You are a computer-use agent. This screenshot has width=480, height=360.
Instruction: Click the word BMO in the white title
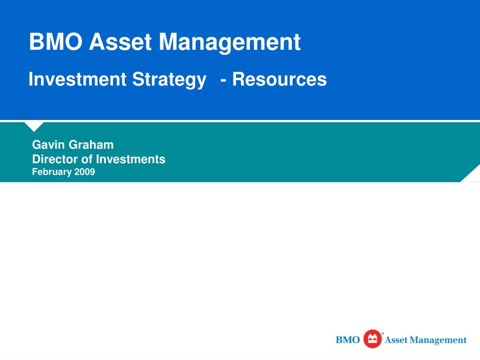(56, 42)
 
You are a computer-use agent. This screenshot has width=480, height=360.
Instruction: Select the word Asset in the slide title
(120, 42)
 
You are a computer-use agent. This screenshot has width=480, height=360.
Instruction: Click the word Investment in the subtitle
(77, 79)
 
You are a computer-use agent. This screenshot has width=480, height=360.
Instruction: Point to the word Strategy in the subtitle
(169, 80)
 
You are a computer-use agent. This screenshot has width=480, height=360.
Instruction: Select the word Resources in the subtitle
(279, 79)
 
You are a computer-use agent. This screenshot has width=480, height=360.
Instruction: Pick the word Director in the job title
(55, 159)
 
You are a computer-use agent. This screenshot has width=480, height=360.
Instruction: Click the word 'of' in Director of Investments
(87, 159)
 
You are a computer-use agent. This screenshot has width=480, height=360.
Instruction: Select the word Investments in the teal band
(131, 159)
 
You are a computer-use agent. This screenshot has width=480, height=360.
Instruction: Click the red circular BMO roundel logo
(372, 339)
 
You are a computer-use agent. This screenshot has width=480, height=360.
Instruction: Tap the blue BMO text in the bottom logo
(348, 340)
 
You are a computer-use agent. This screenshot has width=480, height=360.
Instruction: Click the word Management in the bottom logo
(438, 340)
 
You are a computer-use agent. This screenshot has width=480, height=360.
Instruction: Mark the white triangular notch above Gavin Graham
(34, 126)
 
